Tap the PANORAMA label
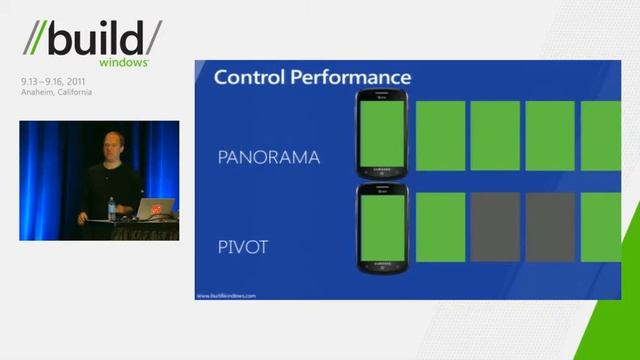tap(269, 157)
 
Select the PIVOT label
tap(243, 247)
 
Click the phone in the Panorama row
tap(381, 135)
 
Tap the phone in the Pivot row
tap(381, 228)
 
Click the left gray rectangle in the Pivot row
tap(496, 227)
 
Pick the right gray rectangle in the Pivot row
tap(550, 227)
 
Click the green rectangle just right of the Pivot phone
tap(441, 227)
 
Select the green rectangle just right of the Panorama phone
tap(441, 135)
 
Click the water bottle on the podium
tap(111, 209)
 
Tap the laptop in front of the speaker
tap(155, 209)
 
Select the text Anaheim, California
tap(56, 92)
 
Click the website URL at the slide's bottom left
tap(226, 295)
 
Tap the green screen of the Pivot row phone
tap(381, 228)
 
